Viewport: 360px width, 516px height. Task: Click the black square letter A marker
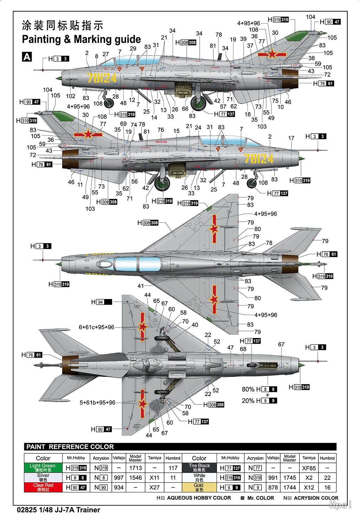(x=27, y=57)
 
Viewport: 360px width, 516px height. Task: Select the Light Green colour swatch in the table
(x=43, y=467)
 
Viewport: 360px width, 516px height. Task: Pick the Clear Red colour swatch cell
(x=43, y=487)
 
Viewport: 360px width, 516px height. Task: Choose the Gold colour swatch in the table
(x=199, y=487)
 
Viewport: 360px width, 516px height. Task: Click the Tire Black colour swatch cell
(x=199, y=467)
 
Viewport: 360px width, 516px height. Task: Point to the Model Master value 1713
(x=135, y=468)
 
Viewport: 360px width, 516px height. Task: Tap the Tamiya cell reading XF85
(x=309, y=468)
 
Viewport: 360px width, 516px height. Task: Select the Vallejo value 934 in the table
(x=119, y=488)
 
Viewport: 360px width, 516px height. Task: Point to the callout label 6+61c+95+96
(x=96, y=327)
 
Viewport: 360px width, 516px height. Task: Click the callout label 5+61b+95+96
(x=97, y=402)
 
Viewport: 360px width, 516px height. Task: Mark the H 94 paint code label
(x=101, y=302)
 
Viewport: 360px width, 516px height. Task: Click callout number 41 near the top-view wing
(x=141, y=286)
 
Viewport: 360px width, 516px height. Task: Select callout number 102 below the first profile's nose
(x=71, y=96)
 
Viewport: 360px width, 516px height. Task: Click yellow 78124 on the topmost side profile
(x=102, y=78)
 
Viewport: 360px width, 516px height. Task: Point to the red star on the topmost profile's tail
(x=272, y=54)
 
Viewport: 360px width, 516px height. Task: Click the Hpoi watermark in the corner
(x=340, y=505)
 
